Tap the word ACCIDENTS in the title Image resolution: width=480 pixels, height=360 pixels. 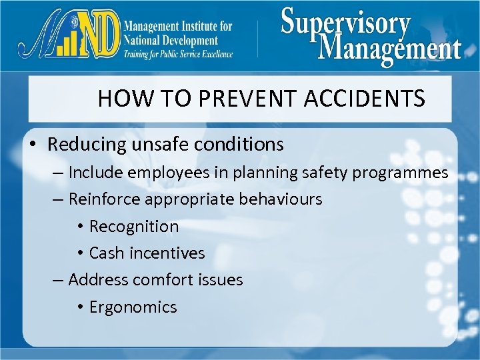(x=365, y=99)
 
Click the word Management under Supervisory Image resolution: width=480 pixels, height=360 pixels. (x=390, y=48)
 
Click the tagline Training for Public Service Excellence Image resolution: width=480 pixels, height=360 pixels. (x=178, y=54)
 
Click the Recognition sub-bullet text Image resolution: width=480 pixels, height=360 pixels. (x=134, y=227)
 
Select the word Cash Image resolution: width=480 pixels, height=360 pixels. (x=106, y=253)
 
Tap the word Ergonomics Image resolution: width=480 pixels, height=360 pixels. (x=133, y=307)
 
